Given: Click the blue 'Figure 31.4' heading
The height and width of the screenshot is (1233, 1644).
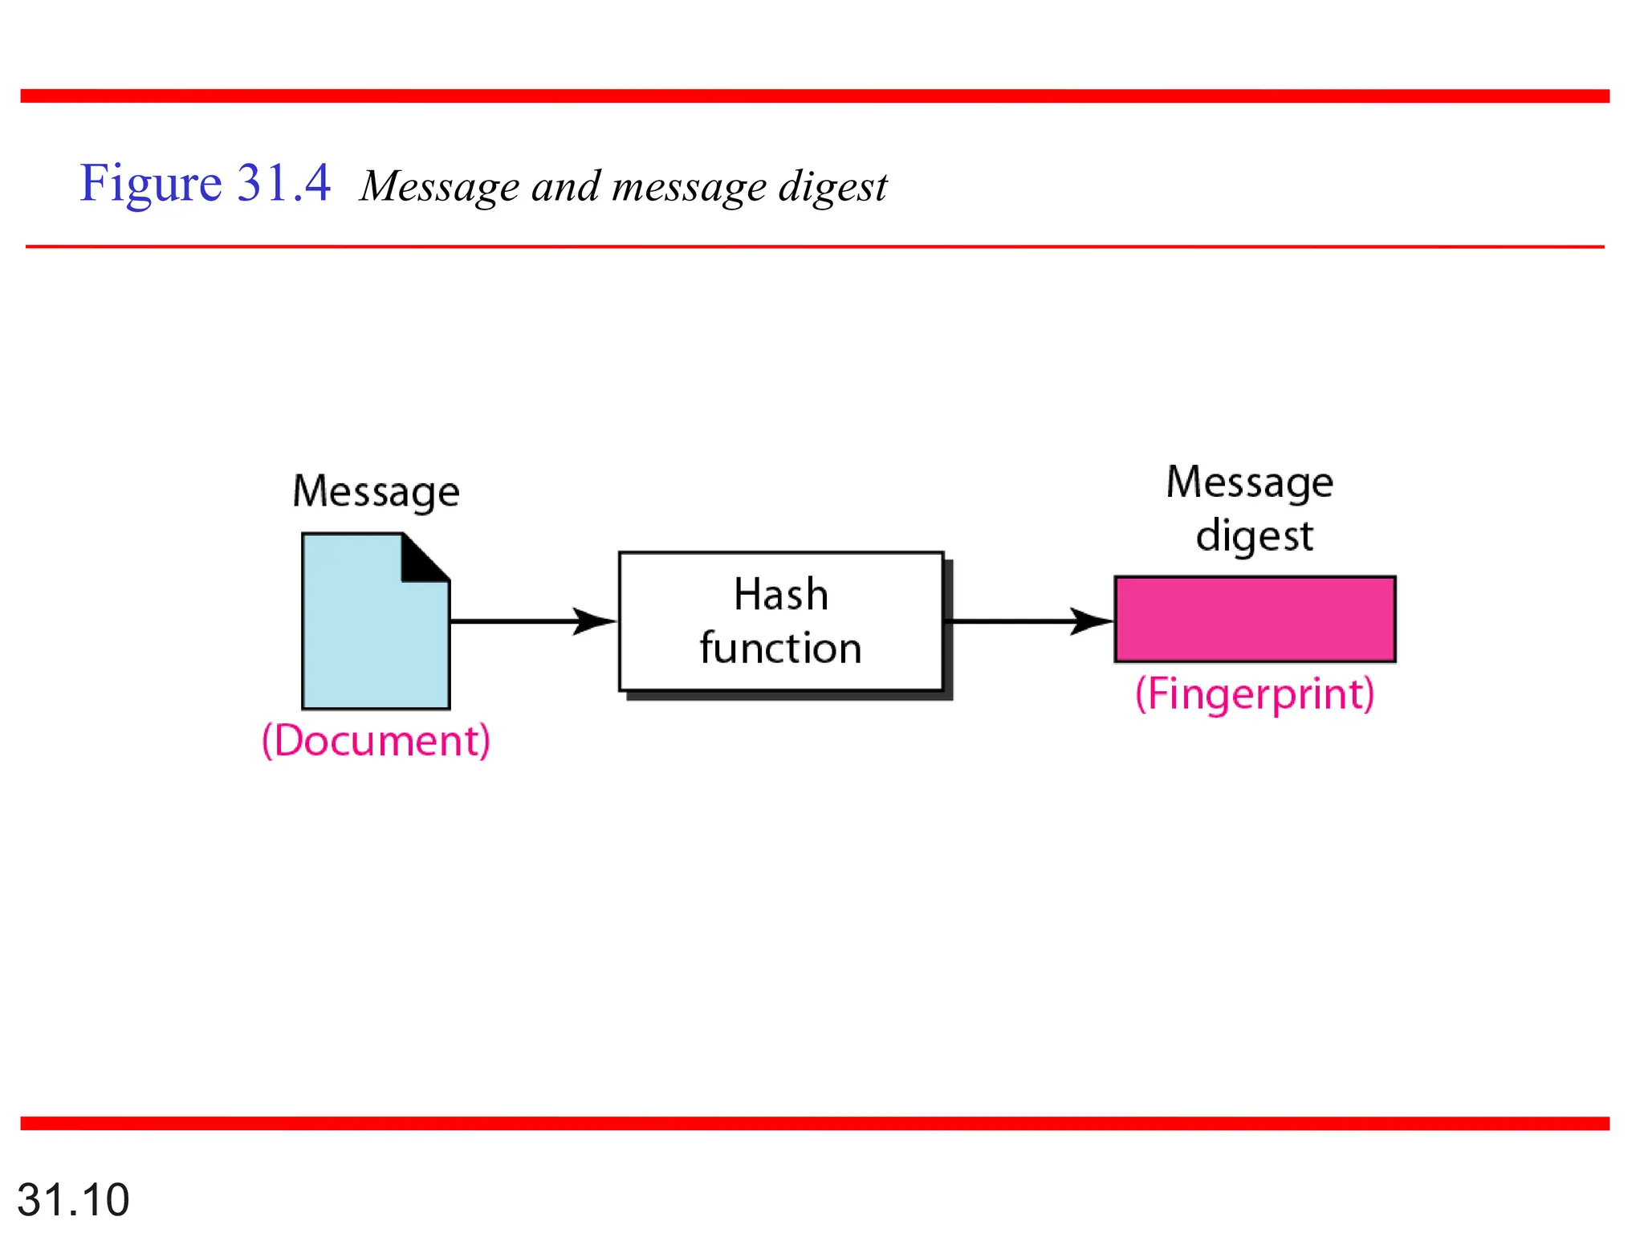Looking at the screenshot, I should [205, 183].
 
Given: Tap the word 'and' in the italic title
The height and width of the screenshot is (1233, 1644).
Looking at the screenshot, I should [565, 187].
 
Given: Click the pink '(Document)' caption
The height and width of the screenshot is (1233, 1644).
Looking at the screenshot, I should [376, 740].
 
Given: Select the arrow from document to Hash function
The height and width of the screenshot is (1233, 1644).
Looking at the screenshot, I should [530, 621].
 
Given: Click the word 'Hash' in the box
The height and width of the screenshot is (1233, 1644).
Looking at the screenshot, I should [780, 595].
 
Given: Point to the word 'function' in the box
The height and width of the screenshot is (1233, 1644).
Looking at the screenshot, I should [780, 648].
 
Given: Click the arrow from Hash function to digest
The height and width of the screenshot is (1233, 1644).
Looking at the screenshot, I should [1027, 621].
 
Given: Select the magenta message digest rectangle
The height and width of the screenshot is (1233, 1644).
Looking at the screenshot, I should [1255, 619].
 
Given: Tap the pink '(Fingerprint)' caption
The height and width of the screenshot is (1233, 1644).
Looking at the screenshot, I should [1255, 694].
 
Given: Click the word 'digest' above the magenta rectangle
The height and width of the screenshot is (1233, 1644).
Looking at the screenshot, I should [1255, 535].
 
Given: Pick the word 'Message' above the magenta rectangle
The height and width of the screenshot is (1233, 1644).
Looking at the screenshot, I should [1250, 482].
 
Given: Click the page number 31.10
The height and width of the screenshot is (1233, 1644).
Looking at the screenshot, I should [73, 1199].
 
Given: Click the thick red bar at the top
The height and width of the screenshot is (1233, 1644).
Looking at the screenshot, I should [814, 96].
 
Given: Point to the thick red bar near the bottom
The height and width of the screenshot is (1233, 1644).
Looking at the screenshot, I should [814, 1123].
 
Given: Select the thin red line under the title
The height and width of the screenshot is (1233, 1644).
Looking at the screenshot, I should [814, 246].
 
